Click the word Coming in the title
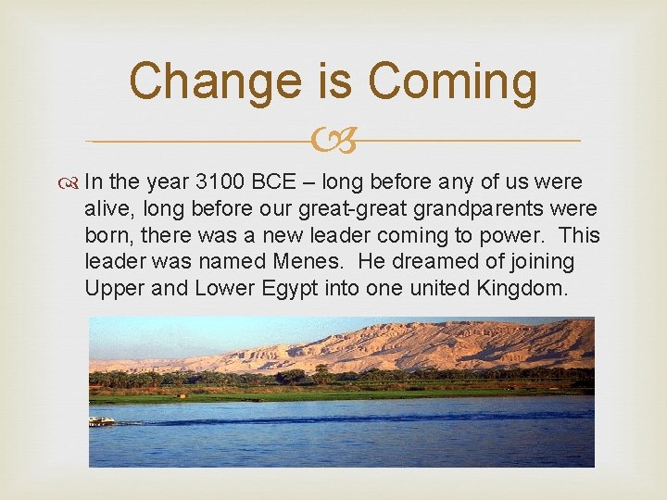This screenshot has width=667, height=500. (x=452, y=81)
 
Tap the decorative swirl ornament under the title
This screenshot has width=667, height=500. (x=333, y=142)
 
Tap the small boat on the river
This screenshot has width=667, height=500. (x=101, y=421)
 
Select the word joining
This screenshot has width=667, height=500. (x=541, y=262)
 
